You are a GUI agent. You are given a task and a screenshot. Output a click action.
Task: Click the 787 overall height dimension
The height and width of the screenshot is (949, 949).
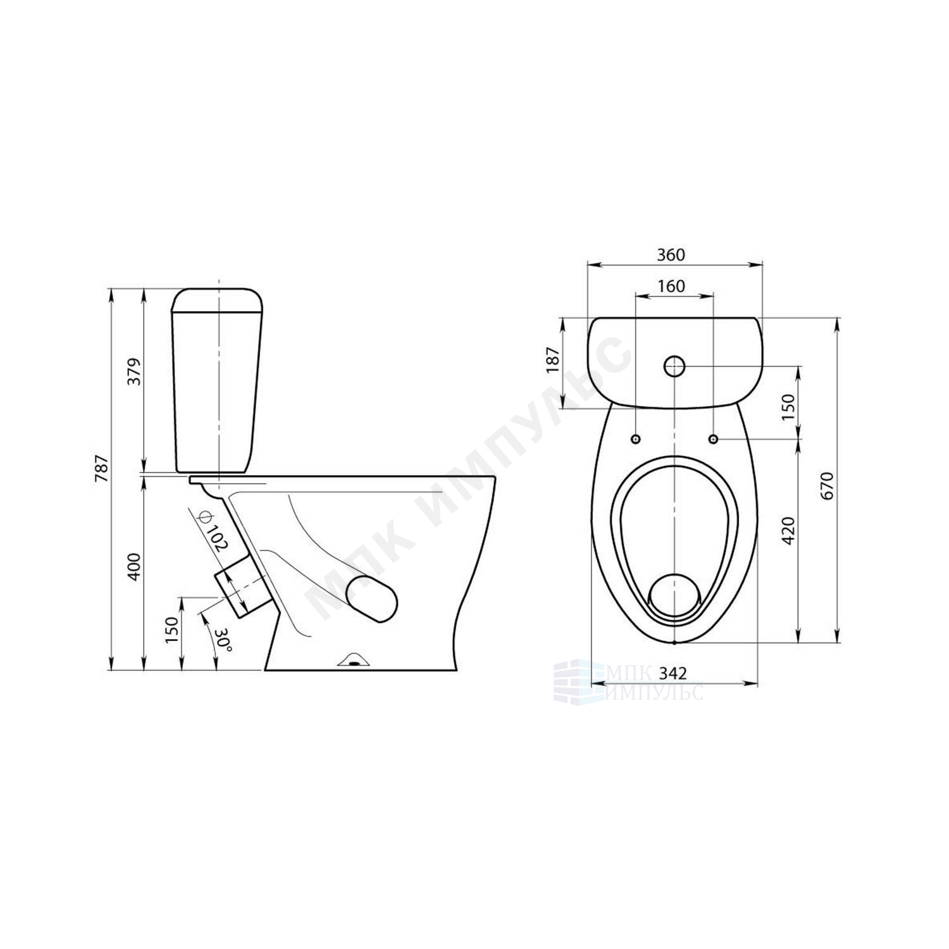pyautogui.click(x=102, y=469)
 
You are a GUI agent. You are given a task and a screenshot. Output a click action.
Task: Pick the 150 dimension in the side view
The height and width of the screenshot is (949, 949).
pyautogui.click(x=173, y=630)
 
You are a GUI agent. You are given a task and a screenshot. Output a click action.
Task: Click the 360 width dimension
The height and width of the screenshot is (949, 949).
pyautogui.click(x=671, y=254)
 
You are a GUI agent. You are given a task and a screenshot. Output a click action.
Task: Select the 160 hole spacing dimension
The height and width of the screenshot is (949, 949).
pyautogui.click(x=671, y=286)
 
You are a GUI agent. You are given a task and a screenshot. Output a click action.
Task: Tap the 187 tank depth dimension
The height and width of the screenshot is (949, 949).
pyautogui.click(x=554, y=359)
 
